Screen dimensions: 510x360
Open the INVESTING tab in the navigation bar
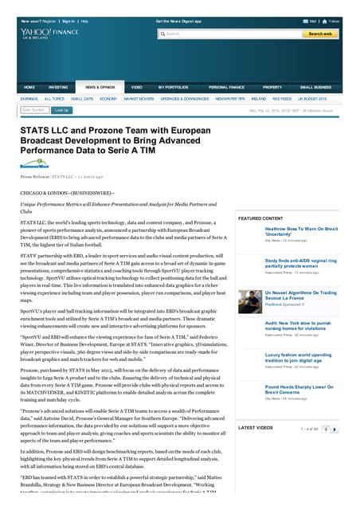pyautogui.click(x=58, y=87)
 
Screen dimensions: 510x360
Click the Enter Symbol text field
pyautogui.click(x=33, y=110)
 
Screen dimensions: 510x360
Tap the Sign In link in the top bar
pyautogui.click(x=68, y=21)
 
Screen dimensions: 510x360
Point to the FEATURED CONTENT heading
pyautogui.click(x=260, y=218)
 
